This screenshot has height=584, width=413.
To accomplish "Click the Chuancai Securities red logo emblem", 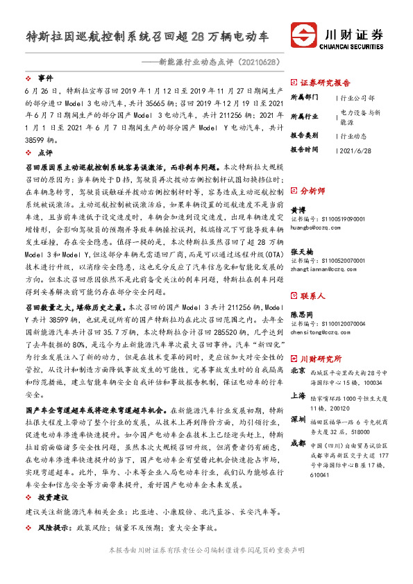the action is tap(304, 35).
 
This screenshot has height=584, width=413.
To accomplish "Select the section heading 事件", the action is tap(44, 78).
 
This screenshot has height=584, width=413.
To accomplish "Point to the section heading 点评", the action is tap(44, 152).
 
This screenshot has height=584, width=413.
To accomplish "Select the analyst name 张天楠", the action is tap(301, 252).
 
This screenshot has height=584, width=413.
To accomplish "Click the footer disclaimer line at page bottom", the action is tap(207, 569).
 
